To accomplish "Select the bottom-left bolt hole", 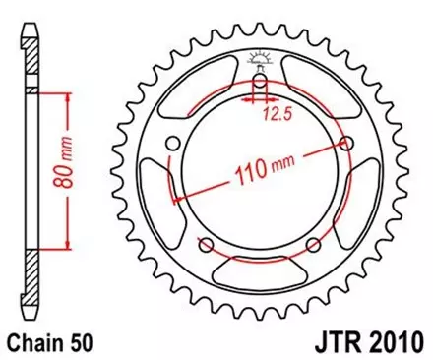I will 207,243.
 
